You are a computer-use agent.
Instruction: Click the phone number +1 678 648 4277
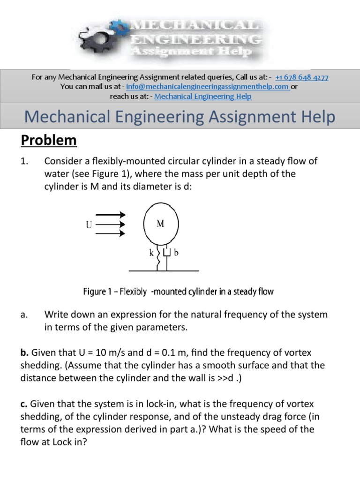click(302, 77)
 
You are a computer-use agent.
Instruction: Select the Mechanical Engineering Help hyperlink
click(203, 96)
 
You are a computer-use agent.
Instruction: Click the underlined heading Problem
click(48, 140)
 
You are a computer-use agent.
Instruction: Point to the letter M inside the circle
click(160, 224)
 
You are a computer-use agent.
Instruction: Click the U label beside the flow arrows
click(89, 225)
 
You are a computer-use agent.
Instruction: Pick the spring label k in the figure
click(152, 254)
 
